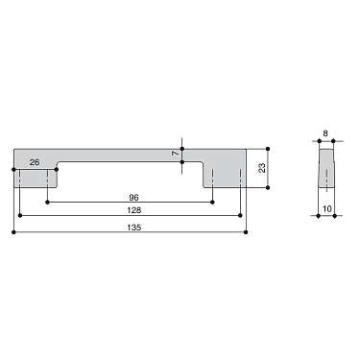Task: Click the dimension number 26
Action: click(35, 162)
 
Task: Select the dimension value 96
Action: click(131, 199)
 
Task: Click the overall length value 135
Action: click(131, 228)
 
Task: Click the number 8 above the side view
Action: click(325, 134)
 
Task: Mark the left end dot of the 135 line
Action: click(12, 231)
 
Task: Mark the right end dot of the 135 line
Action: click(247, 231)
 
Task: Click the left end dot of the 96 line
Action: click(48, 202)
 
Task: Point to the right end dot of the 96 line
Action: click(213, 202)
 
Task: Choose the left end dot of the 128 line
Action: click(19, 216)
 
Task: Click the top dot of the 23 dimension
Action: click(268, 147)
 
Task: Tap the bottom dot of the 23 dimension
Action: click(268, 187)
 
